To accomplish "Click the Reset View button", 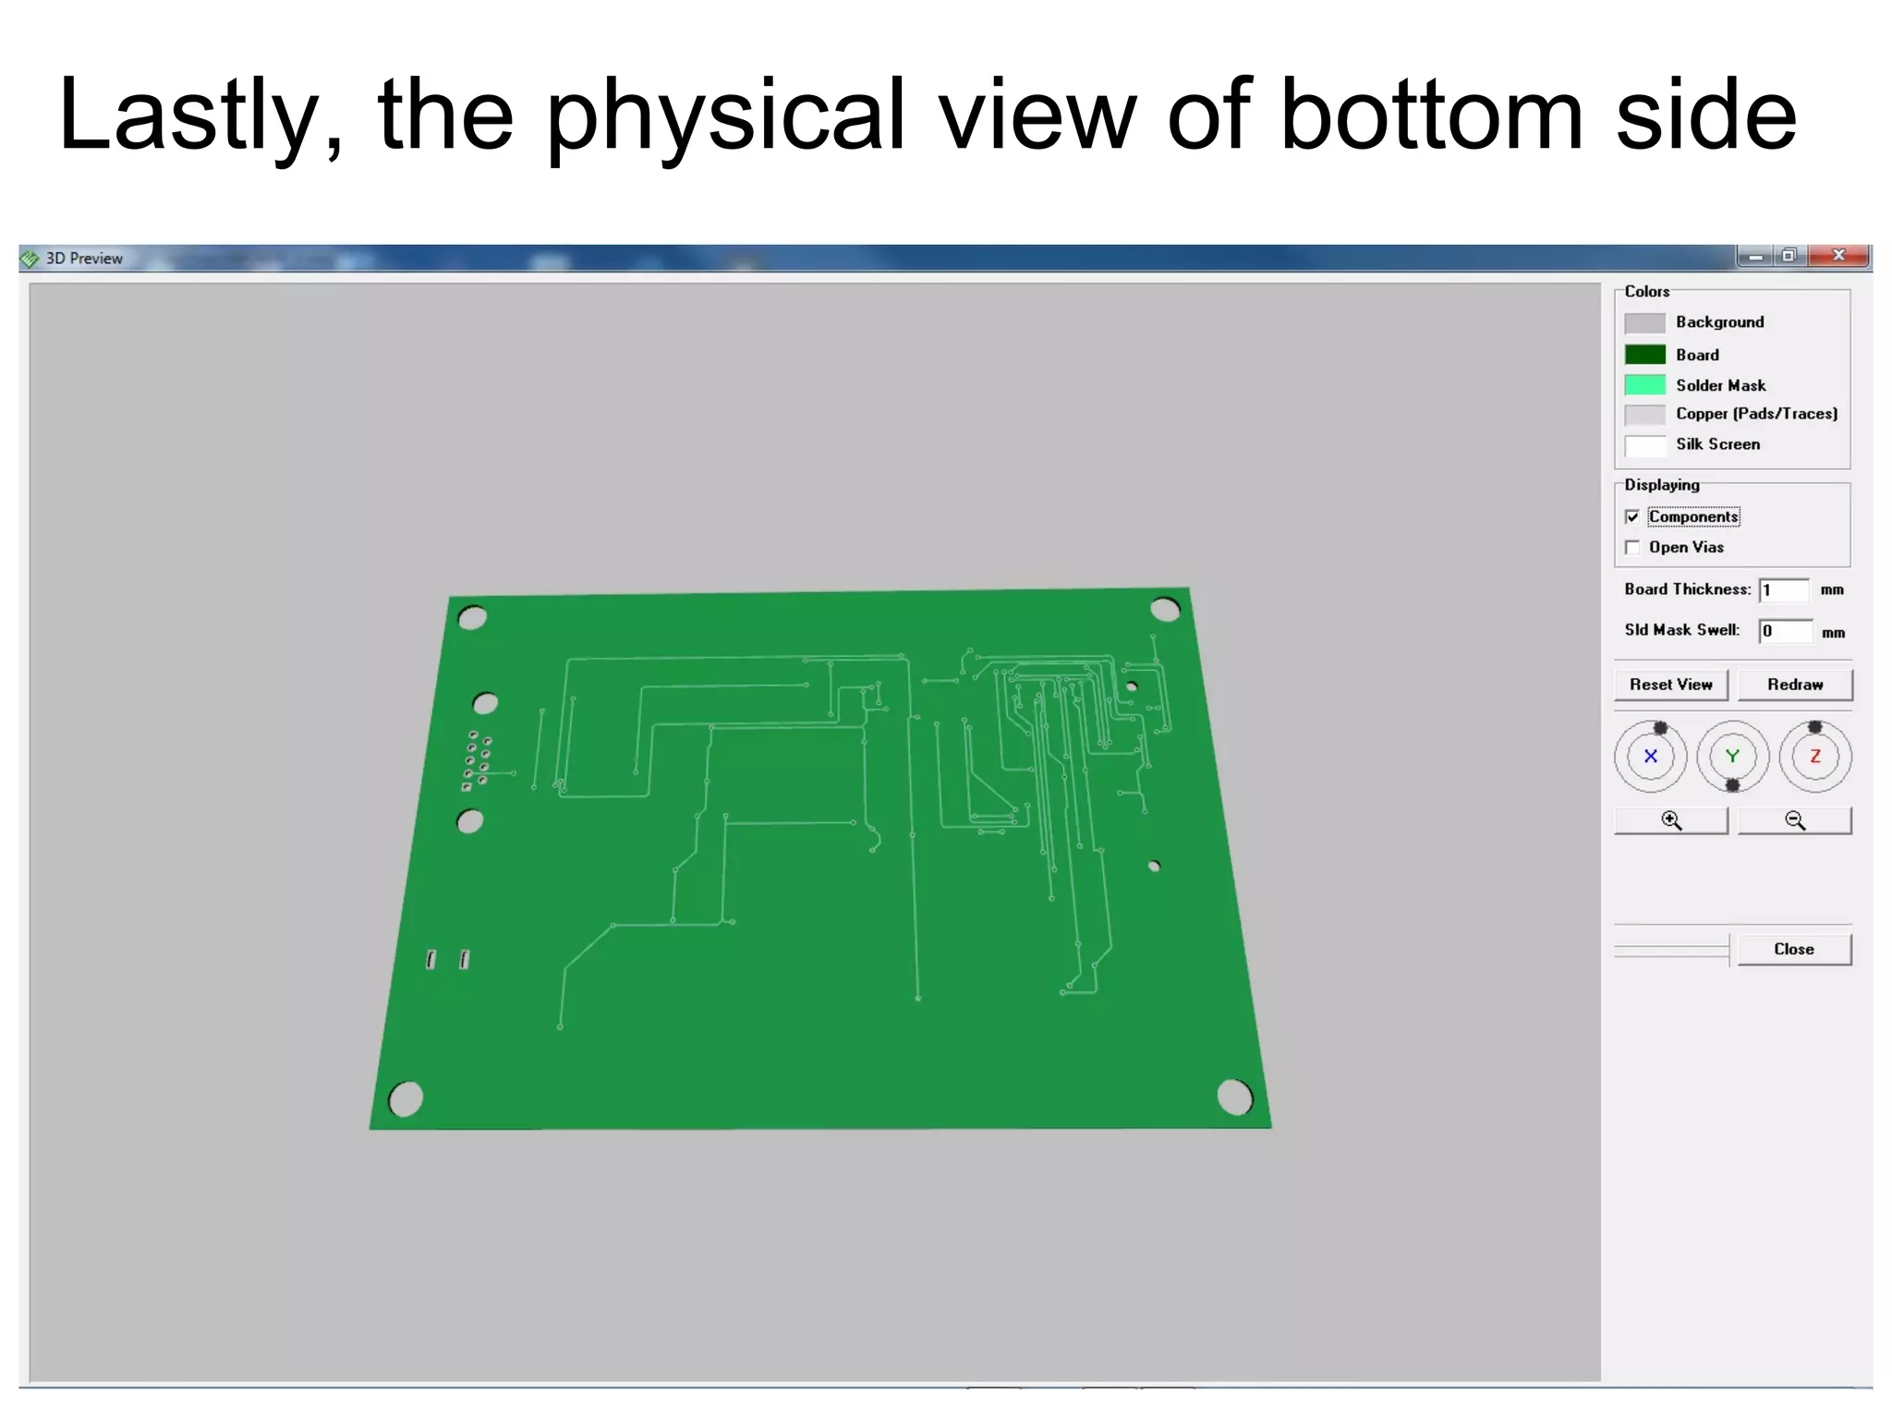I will [1670, 685].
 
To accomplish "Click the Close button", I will [1793, 949].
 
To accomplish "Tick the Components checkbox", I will [1632, 517].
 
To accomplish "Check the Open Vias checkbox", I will [1632, 548].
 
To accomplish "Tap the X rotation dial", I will [1650, 757].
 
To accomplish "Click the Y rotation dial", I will [1732, 757].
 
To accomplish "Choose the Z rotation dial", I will [1814, 757].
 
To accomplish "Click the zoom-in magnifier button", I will [1670, 820].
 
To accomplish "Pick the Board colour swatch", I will [1644, 355].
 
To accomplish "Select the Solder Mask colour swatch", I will [1644, 385].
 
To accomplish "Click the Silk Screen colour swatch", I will [1644, 445].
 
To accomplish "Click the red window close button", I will [1838, 256].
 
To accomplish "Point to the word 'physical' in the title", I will [725, 115].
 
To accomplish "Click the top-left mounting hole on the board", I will [472, 618].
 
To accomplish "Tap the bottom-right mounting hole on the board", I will [1234, 1097].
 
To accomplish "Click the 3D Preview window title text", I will [84, 259].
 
